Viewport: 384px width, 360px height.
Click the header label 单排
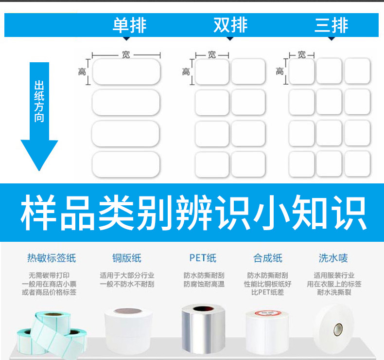[129, 25]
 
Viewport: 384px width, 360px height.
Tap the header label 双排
[230, 25]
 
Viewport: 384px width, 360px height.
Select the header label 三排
[331, 25]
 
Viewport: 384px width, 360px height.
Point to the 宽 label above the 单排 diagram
[126, 54]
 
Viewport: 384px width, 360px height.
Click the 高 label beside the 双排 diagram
[186, 72]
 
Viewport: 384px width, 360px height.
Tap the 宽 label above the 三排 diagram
[302, 54]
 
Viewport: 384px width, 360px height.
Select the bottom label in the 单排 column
[126, 164]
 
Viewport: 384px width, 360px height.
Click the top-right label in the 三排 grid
[357, 71]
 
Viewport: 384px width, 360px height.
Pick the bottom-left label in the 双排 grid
[212, 164]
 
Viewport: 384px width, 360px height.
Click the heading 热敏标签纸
[52, 258]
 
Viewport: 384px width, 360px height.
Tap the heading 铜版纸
[127, 258]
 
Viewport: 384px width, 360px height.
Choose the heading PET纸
[203, 258]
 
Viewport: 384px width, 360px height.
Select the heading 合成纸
[268, 258]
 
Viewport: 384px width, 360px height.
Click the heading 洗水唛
[333, 258]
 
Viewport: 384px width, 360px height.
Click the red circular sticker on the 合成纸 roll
[268, 313]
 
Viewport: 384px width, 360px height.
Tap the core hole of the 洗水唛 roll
[338, 330]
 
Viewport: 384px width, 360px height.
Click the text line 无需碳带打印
[49, 275]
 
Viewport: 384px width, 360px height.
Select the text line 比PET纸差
[267, 292]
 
